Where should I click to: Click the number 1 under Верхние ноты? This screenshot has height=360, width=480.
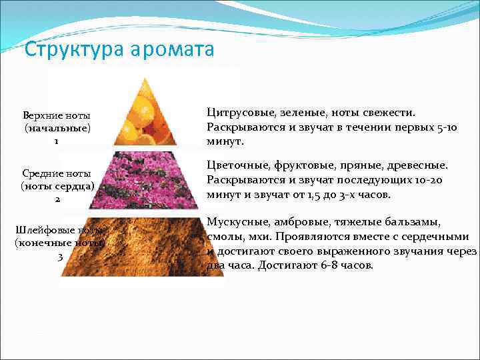[57, 141]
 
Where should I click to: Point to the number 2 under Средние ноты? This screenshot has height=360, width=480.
[57, 199]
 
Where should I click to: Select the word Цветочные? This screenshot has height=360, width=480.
[236, 165]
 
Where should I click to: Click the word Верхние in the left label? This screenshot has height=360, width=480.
[41, 115]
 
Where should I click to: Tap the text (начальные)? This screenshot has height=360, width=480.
[57, 128]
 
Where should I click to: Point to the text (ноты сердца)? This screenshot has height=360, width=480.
[57, 186]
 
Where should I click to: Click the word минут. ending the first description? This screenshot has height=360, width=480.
[226, 142]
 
